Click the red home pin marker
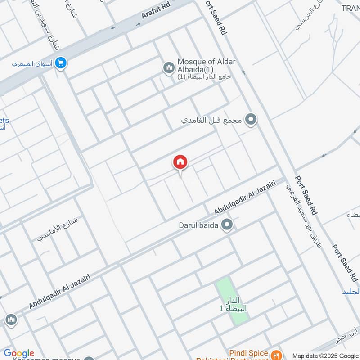180,162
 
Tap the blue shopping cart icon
61,64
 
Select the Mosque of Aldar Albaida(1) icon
169,68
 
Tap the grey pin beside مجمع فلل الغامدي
252,120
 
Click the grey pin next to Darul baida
228,224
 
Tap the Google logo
19,353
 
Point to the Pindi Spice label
248,353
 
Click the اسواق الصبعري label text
31,64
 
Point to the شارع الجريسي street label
310,18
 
